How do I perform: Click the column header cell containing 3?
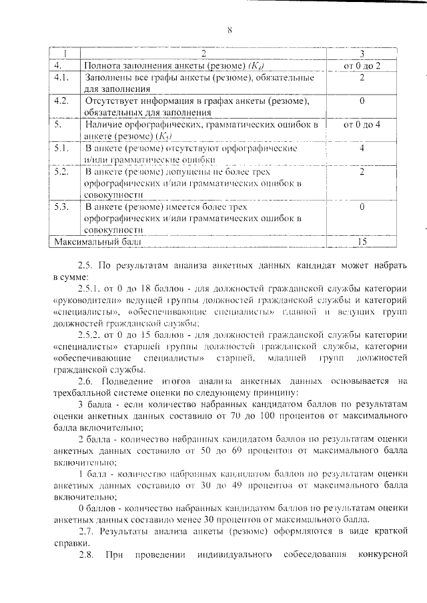(361, 54)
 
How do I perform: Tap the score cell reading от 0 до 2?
(361, 66)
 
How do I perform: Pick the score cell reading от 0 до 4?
(361, 125)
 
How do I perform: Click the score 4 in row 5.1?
(361, 148)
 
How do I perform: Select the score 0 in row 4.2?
(361, 101)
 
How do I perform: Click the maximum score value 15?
(361, 242)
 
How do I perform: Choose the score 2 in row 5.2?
(361, 172)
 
